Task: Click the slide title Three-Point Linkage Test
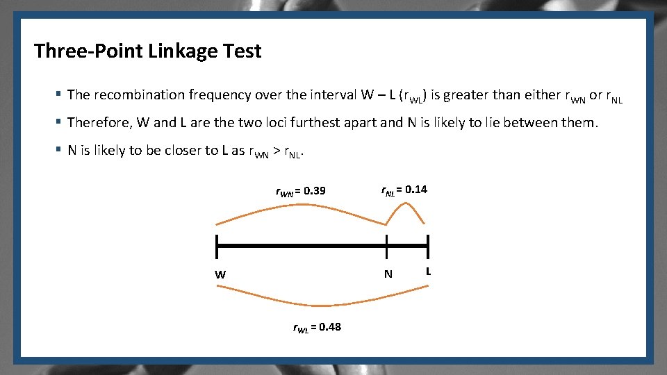pos(148,51)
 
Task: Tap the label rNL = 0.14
pos(404,190)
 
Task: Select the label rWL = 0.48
pos(316,327)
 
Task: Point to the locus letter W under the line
pos(220,274)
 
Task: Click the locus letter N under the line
pos(388,274)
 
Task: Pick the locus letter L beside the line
pos(428,271)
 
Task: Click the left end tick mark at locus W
pos(217,246)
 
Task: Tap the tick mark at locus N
pos(387,246)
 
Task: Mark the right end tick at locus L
pos(428,246)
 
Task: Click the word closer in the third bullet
pos(165,151)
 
